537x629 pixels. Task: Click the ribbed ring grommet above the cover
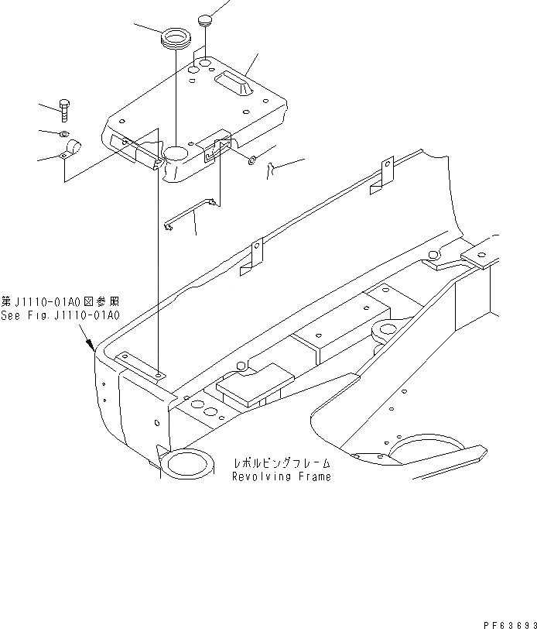point(176,38)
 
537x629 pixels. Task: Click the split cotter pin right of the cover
point(271,170)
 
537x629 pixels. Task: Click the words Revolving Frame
point(282,477)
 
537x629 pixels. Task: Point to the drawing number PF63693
point(509,623)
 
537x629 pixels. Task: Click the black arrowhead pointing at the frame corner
point(91,344)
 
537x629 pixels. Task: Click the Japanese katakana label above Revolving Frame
point(282,464)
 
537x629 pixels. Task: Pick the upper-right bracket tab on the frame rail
point(385,175)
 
